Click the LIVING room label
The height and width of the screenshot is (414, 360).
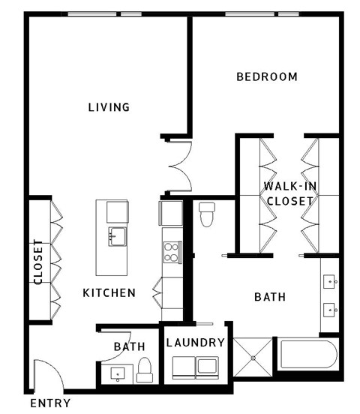(109, 107)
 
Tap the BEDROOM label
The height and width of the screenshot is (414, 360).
(267, 76)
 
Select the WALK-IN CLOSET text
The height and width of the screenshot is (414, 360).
(289, 193)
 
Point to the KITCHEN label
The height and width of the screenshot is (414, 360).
(109, 292)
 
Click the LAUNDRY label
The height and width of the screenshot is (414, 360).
(196, 343)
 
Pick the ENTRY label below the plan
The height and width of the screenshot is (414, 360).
(50, 403)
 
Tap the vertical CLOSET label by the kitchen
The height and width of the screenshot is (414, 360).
(38, 262)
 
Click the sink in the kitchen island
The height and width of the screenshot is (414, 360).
(116, 236)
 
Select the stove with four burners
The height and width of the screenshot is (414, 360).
(172, 251)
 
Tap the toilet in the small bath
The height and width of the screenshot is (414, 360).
(145, 368)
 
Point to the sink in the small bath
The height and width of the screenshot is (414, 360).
(118, 372)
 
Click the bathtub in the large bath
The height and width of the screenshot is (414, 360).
(307, 356)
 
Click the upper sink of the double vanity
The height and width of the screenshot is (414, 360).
(330, 282)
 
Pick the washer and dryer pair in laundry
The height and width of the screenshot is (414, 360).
(196, 367)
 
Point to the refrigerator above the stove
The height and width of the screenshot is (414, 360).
(171, 213)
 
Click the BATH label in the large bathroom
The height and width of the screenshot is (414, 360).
(270, 297)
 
